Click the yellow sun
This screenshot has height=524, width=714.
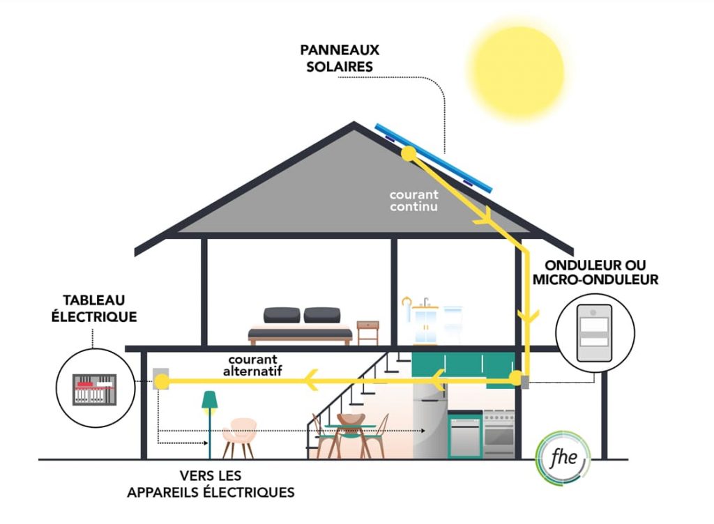pyautogui.click(x=517, y=71)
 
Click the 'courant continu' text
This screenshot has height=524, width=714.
pyautogui.click(x=414, y=201)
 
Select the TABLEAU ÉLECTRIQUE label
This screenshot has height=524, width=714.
pyautogui.click(x=94, y=308)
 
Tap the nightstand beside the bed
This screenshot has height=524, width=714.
pyautogui.click(x=367, y=332)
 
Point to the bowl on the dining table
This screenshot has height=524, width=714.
pyautogui.click(x=350, y=419)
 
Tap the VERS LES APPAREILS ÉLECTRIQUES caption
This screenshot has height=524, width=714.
pyautogui.click(x=211, y=484)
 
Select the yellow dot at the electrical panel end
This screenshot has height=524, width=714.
pyautogui.click(x=161, y=380)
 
